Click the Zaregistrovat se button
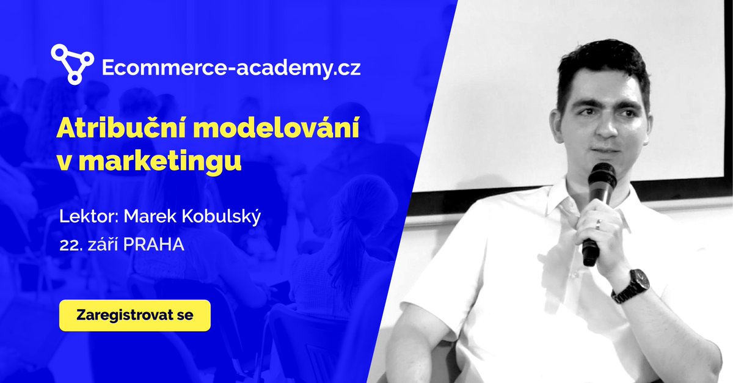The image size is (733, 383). pyautogui.click(x=135, y=315)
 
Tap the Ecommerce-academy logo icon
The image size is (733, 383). pyautogui.click(x=72, y=64)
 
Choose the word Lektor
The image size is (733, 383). pyautogui.click(x=84, y=217)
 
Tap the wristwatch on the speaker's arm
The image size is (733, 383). pyautogui.click(x=631, y=284)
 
